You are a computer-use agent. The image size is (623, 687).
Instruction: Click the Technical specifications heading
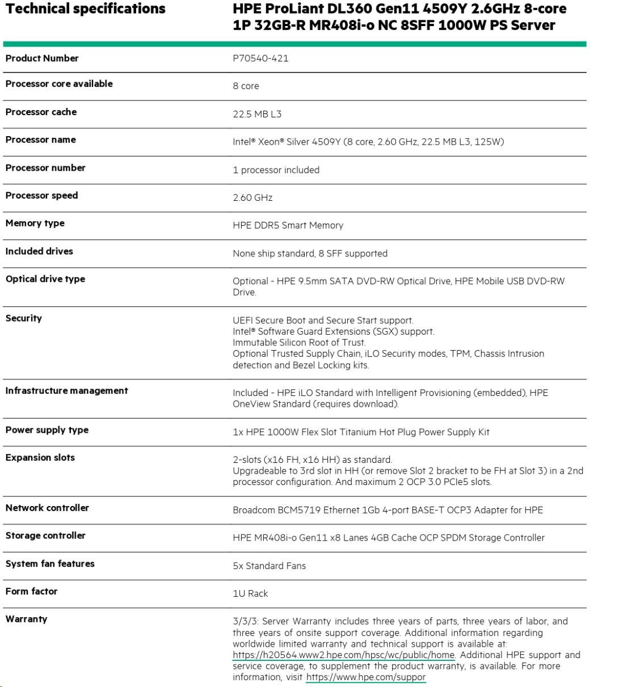86,9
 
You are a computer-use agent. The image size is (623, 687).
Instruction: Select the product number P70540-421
260,58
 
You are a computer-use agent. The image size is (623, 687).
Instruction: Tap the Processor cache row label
41,112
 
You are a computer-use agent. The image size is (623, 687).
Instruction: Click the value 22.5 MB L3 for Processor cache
257,114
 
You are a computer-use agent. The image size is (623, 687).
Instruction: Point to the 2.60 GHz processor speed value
252,197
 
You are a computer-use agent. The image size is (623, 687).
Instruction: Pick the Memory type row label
35,223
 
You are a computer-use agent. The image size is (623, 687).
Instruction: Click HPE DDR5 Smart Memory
288,225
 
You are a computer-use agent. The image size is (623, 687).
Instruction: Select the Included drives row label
39,251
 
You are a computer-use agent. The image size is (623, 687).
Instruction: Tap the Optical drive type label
45,279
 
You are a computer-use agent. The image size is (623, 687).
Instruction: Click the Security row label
24,318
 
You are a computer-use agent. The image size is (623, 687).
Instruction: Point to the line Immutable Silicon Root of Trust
299,342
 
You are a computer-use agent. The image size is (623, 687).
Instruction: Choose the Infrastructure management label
67,390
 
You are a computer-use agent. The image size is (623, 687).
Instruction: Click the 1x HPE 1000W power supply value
361,432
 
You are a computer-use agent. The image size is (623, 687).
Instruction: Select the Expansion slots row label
40,457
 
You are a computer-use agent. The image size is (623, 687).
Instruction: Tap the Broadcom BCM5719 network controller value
388,509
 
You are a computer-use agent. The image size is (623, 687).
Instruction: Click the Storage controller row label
45,535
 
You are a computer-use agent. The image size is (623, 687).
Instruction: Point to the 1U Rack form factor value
250,593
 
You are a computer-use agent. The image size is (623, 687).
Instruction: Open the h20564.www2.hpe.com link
343,655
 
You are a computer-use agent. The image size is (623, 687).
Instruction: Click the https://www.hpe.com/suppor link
365,677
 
